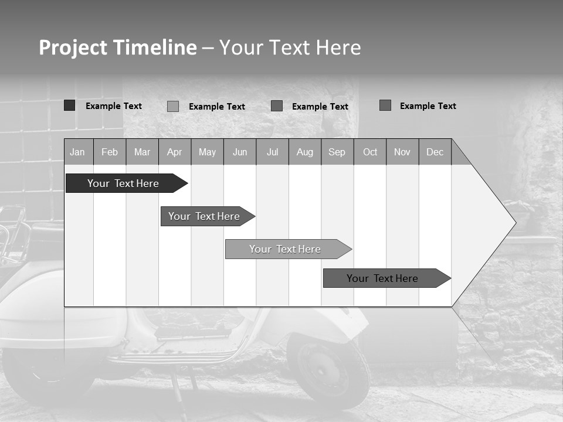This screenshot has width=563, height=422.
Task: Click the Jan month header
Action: pyautogui.click(x=78, y=152)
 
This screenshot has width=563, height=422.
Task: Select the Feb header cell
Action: pyautogui.click(x=110, y=152)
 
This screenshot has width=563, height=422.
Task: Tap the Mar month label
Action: pyautogui.click(x=142, y=152)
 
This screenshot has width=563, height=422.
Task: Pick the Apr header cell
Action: pyautogui.click(x=175, y=152)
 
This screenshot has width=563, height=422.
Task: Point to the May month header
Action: pyautogui.click(x=207, y=152)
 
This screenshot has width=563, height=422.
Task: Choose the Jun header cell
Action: pyautogui.click(x=240, y=152)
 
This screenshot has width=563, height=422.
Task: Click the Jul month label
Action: pyautogui.click(x=272, y=152)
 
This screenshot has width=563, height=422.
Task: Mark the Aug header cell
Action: pyautogui.click(x=305, y=152)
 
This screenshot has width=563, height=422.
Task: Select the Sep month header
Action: pyautogui.click(x=337, y=152)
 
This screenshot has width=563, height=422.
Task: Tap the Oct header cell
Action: pyautogui.click(x=370, y=152)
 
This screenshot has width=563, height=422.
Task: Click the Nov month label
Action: pyautogui.click(x=402, y=152)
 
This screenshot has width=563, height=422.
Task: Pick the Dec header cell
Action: pyautogui.click(x=435, y=152)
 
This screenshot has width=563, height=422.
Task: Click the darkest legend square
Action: pyautogui.click(x=69, y=105)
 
